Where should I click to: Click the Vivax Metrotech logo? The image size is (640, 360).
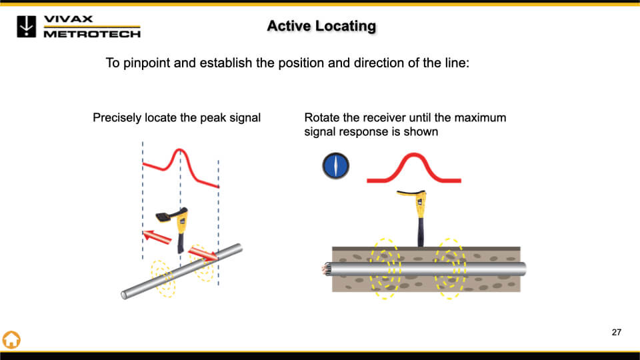79,27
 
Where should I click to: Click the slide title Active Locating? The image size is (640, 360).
321,26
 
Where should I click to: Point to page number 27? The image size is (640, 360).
616,332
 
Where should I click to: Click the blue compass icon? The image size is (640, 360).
336,166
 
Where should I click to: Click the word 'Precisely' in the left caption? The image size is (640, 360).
117,118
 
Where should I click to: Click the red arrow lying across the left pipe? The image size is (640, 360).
203,253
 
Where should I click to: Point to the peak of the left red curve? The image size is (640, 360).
179,152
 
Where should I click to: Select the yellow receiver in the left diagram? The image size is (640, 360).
177,223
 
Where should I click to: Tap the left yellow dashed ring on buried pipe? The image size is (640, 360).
385,268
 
